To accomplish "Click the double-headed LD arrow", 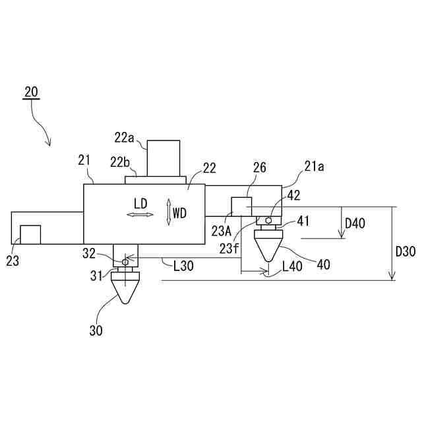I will click(140, 214).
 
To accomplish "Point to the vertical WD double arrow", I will click(169, 213).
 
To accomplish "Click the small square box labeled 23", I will click(30, 235).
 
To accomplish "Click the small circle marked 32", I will click(125, 262).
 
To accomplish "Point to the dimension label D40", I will click(355, 223).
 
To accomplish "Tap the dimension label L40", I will click(292, 267).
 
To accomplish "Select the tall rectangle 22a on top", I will click(163, 158).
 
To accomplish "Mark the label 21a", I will click(314, 168).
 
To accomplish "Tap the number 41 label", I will click(303, 222).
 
